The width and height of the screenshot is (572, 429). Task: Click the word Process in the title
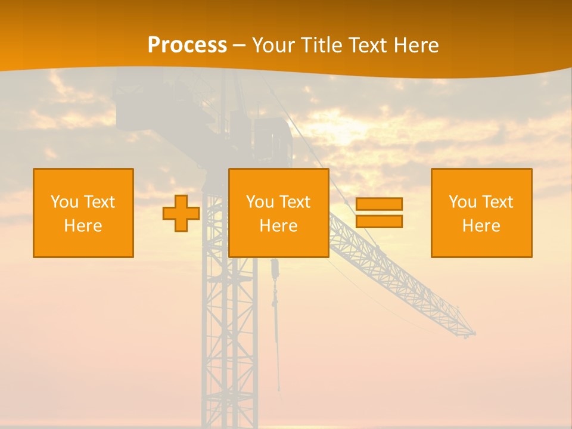pyautogui.click(x=187, y=45)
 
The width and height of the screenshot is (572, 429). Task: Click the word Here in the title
pyautogui.click(x=417, y=45)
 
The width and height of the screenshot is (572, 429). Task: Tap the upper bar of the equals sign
pyautogui.click(x=379, y=204)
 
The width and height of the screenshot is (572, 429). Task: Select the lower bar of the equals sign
pyautogui.click(x=379, y=222)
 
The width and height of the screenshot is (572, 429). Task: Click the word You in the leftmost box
pyautogui.click(x=64, y=202)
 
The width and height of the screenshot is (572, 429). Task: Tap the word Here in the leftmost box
pyautogui.click(x=83, y=226)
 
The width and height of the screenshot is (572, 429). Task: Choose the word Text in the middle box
pyautogui.click(x=294, y=202)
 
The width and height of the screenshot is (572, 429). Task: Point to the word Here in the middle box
pyautogui.click(x=278, y=226)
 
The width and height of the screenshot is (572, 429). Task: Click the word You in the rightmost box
pyautogui.click(x=462, y=202)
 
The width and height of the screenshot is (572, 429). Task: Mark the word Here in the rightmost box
pyautogui.click(x=481, y=226)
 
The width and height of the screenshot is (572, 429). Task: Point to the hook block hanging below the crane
pyautogui.click(x=275, y=271)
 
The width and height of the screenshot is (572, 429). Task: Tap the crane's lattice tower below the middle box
pyautogui.click(x=229, y=334)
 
